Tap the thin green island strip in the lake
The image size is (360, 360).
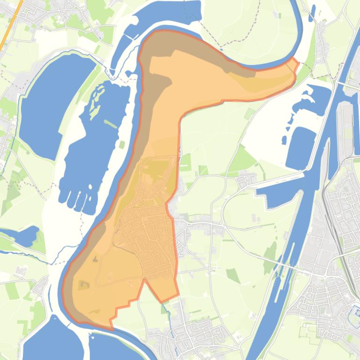click(x=110, y=124)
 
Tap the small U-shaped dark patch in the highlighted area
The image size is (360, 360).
click(x=84, y=284)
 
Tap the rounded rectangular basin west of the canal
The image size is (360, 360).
click(x=300, y=147)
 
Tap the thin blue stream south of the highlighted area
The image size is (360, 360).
click(x=171, y=327)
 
